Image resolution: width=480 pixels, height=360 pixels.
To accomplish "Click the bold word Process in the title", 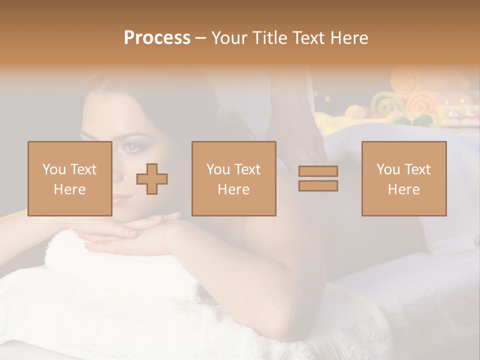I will click(157, 38).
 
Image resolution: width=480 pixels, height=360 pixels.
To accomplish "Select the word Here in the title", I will click(348, 38).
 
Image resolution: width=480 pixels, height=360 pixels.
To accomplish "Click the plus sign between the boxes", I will click(152, 178).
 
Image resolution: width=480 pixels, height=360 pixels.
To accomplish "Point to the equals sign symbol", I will click(318, 178).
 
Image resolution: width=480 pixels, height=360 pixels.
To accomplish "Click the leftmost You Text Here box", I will click(69, 178).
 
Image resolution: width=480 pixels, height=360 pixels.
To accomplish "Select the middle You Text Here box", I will click(233, 178).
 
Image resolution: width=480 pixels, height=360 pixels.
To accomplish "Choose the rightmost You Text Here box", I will click(403, 178).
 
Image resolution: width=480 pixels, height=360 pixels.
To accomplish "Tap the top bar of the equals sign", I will click(318, 171).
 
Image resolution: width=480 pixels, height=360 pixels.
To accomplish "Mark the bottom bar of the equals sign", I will click(318, 185).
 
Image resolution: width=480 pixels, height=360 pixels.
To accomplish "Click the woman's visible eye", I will click(131, 146).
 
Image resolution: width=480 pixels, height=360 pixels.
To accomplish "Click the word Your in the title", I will click(228, 38).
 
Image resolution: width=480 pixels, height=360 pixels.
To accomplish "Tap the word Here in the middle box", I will click(233, 189).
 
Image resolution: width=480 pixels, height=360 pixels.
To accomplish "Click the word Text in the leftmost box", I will click(83, 169).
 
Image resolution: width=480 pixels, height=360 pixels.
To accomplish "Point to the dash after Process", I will click(200, 38).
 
